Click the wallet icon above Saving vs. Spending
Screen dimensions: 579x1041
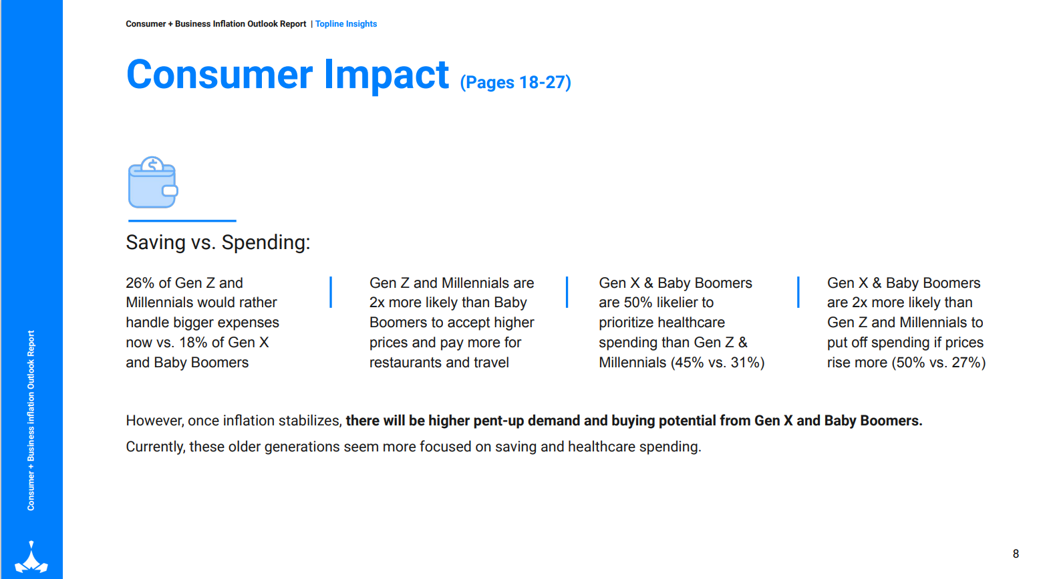point(153,183)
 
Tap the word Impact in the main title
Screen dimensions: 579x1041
point(386,75)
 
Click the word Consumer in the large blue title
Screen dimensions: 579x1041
point(219,75)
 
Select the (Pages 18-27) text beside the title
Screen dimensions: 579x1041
point(515,82)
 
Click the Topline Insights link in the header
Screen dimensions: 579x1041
point(346,24)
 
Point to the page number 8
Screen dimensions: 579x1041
point(1016,554)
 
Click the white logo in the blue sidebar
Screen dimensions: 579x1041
point(31,558)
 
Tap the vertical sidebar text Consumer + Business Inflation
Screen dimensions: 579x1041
point(31,421)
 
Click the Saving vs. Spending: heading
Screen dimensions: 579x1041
point(218,242)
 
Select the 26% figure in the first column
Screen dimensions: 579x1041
point(140,283)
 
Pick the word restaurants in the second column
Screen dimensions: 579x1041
point(406,363)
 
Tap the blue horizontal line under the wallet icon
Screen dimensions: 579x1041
point(182,220)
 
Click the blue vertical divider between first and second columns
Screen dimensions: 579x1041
point(331,293)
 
